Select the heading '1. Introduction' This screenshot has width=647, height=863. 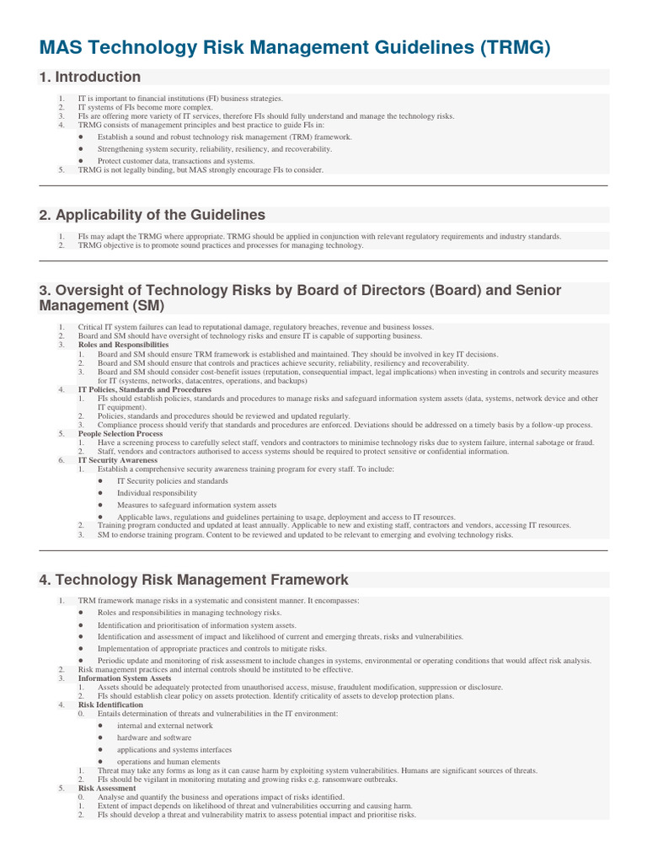point(90,78)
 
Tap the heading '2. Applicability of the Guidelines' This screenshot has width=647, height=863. point(152,215)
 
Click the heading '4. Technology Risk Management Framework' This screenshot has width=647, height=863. point(193,580)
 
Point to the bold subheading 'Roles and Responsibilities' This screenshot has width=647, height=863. point(123,345)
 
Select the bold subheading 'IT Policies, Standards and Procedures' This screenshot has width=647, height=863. point(145,390)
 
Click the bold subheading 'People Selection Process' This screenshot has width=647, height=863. point(120,433)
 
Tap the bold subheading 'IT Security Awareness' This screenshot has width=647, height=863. point(117,460)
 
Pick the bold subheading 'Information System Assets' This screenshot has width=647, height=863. point(124,678)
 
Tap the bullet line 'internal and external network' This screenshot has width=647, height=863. point(165,726)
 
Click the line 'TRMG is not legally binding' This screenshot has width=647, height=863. point(200,170)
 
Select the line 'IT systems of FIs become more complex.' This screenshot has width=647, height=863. point(156,108)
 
